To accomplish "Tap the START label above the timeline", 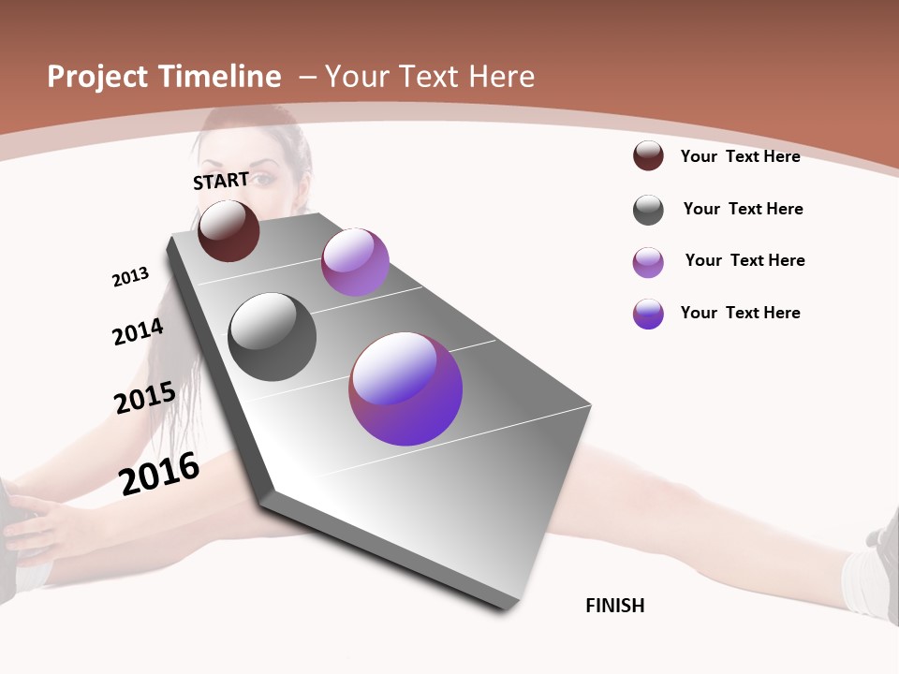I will [221, 181].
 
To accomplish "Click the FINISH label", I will [614, 606].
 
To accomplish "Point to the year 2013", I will [130, 277].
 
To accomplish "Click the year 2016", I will [159, 474].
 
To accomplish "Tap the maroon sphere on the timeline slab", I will [228, 230].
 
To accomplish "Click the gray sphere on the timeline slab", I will [272, 337].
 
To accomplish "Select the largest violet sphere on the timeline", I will [405, 388].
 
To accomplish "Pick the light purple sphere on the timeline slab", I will [355, 262].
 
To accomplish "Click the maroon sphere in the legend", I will [648, 156].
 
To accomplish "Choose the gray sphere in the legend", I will [648, 210].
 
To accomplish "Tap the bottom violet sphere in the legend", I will [648, 314].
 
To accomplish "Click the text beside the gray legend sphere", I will [743, 209].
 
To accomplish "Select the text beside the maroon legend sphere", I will [740, 156].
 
